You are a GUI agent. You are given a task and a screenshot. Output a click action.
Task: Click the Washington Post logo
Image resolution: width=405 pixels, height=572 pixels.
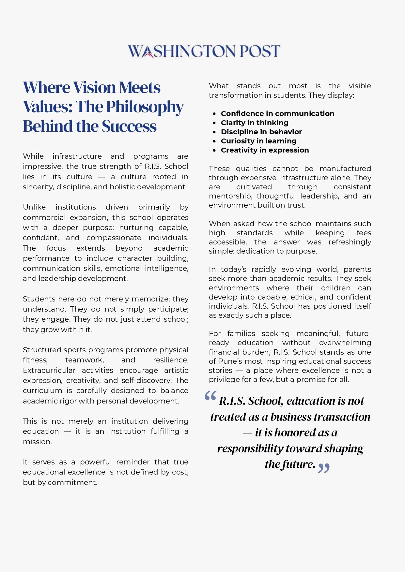coord(204,51)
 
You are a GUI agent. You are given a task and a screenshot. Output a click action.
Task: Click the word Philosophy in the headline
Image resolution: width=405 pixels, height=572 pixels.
coord(145,107)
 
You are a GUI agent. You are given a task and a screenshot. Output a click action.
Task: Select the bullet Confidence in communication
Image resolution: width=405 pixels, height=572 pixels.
coord(277,113)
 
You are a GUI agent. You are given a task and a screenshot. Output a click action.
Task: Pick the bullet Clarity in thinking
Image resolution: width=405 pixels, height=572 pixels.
coord(255,123)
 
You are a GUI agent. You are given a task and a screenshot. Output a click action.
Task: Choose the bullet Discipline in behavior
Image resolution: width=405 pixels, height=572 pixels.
coord(261,132)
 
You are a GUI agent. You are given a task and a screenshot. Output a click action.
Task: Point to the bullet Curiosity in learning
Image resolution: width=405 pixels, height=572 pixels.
coord(258,141)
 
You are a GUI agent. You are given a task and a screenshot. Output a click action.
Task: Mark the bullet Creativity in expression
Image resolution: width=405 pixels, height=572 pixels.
coord(265,150)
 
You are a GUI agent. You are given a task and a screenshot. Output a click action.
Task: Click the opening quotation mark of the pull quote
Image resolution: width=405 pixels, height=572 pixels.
coord(210,396)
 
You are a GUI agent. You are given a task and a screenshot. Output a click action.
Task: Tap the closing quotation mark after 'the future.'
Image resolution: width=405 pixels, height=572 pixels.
coord(324,468)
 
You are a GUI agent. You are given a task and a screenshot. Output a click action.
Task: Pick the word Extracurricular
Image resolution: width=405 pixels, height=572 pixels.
coord(49,370)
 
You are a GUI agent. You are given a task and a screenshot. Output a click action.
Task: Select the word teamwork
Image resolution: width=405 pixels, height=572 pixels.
coord(84,360)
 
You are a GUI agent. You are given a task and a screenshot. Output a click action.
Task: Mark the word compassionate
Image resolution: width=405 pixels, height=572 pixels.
coord(114,238)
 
